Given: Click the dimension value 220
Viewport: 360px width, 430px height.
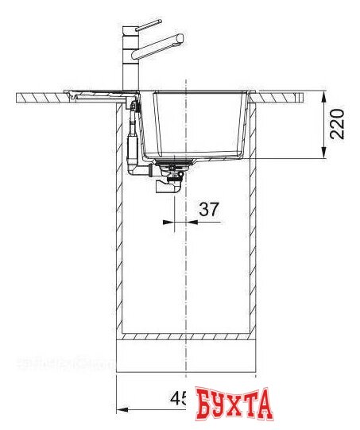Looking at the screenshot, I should pos(338,126).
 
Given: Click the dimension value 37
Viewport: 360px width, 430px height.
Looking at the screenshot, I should pos(208,209).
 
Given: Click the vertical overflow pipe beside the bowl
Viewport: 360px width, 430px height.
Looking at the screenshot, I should pos(134,143).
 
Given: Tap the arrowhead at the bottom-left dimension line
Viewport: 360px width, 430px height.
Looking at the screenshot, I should pos(121,411).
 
